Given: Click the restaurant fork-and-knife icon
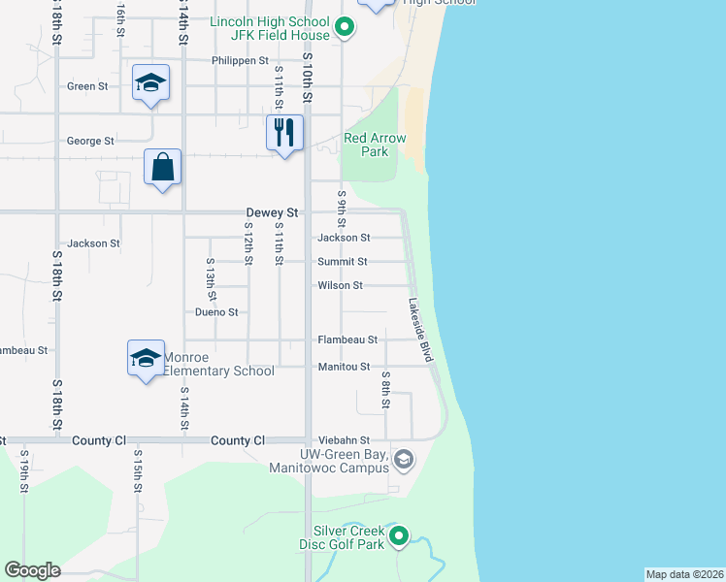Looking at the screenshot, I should point(284,133).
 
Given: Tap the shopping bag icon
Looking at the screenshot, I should point(163,166).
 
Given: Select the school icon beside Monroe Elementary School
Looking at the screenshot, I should point(146,358).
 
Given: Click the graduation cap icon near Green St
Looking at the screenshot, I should point(150,82).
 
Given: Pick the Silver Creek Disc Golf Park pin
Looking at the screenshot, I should point(398,535).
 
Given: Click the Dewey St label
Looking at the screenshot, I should point(273,212).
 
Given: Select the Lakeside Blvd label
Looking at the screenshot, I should point(420,330).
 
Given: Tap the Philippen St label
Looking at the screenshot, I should point(240,60).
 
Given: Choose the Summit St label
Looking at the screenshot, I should point(343,262).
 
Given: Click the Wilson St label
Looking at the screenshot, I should point(340,286).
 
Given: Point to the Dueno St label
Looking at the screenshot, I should point(216,312).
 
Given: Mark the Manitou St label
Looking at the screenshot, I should point(345,367).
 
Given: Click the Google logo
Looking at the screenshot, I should point(32,570).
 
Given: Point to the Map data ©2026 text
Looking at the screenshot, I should point(683,574).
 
